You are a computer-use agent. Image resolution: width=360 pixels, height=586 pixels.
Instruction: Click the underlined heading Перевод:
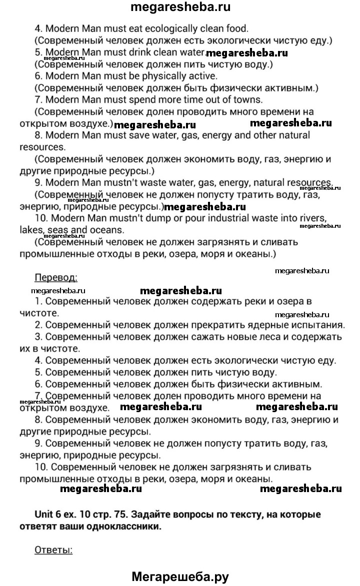pos(55,277)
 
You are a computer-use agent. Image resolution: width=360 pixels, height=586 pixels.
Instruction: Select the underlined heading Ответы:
pos(53,550)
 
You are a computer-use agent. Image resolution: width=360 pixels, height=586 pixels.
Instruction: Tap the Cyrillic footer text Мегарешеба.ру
pos(180,577)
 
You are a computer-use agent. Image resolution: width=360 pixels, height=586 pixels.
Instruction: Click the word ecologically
pos(164,29)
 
